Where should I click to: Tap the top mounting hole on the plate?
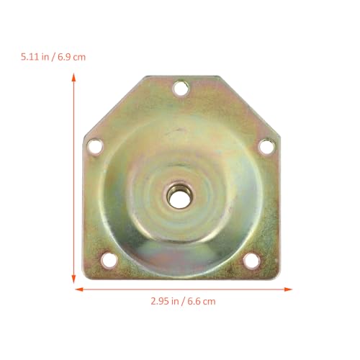click(x=181, y=88)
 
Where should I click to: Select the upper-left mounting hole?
click(x=95, y=146)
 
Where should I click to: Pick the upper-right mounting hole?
click(x=267, y=146)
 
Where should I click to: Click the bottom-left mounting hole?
click(x=109, y=260)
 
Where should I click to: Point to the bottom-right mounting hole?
click(x=252, y=261)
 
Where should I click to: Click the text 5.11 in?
click(x=35, y=57)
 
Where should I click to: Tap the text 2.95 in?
click(x=165, y=301)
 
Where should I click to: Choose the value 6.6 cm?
click(x=202, y=301)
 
